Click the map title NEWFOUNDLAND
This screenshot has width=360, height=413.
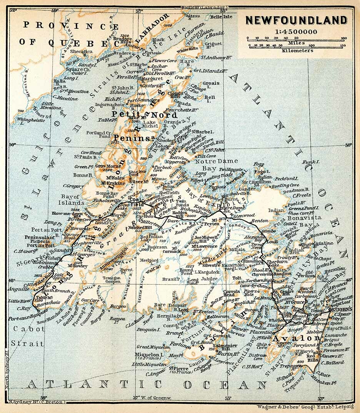(x=296, y=20)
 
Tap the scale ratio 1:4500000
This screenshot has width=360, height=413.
(x=296, y=32)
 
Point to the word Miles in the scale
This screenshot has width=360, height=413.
(x=296, y=43)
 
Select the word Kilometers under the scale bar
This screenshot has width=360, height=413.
(x=297, y=50)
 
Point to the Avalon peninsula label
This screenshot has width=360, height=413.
(x=296, y=338)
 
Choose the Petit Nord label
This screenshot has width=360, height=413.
(x=145, y=115)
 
